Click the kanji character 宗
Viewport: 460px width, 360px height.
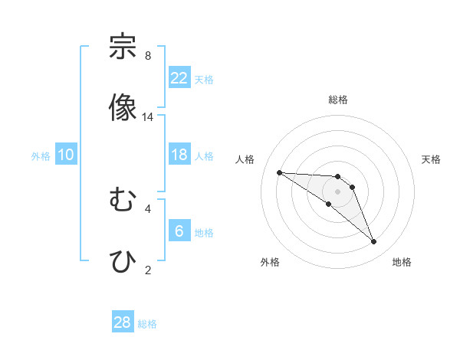point(123,47)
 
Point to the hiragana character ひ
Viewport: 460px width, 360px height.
point(123,260)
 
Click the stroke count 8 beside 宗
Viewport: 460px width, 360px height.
point(148,56)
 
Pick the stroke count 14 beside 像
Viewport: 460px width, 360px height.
point(148,117)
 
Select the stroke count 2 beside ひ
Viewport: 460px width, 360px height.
point(148,270)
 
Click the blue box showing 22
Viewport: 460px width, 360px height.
point(179,78)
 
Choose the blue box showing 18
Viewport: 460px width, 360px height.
point(179,155)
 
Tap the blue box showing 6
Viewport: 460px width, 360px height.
point(179,231)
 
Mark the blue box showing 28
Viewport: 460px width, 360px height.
point(123,322)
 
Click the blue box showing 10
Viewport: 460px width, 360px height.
point(66,155)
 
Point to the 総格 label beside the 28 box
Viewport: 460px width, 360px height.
point(147,324)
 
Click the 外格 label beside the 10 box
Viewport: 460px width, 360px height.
point(41,155)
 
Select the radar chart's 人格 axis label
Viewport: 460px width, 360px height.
point(245,159)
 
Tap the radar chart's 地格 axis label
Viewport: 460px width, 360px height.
point(402,262)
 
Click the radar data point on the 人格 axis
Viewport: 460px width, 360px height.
point(279,172)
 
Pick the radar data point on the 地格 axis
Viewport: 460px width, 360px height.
point(373,242)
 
